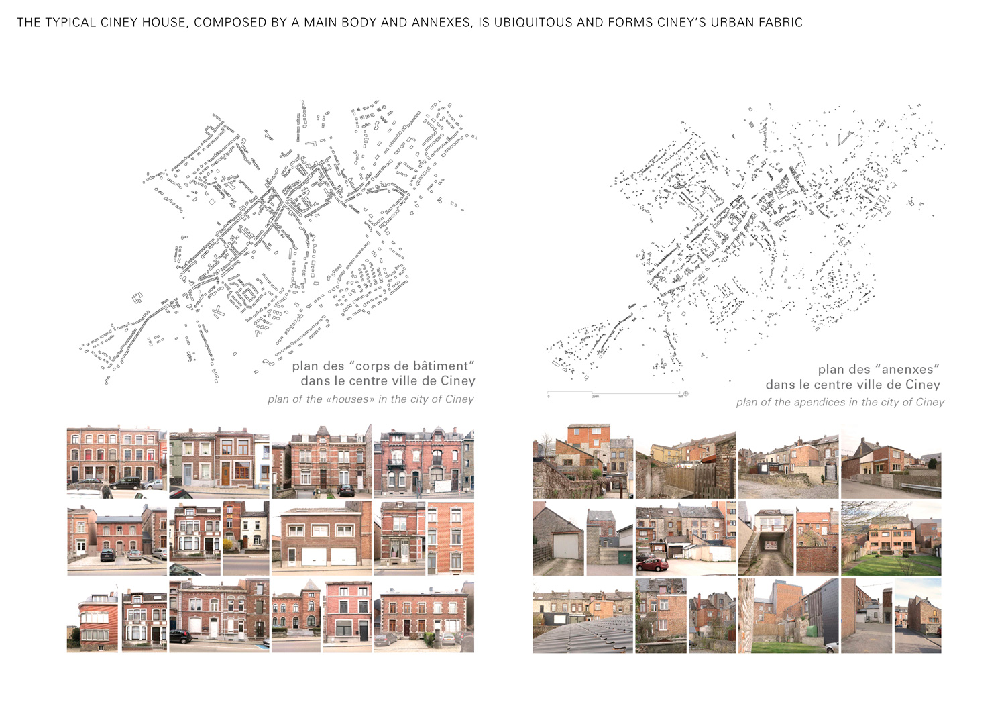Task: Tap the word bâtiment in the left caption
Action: click(x=441, y=366)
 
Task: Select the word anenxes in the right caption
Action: click(x=907, y=370)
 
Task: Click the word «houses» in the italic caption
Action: click(x=350, y=399)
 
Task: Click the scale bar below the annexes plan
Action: click(x=614, y=393)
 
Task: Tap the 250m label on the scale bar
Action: click(x=595, y=397)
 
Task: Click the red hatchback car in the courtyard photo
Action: click(x=653, y=564)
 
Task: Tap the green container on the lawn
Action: click(x=812, y=631)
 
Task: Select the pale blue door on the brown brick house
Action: click(x=187, y=474)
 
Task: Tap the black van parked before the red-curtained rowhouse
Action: click(x=126, y=483)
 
